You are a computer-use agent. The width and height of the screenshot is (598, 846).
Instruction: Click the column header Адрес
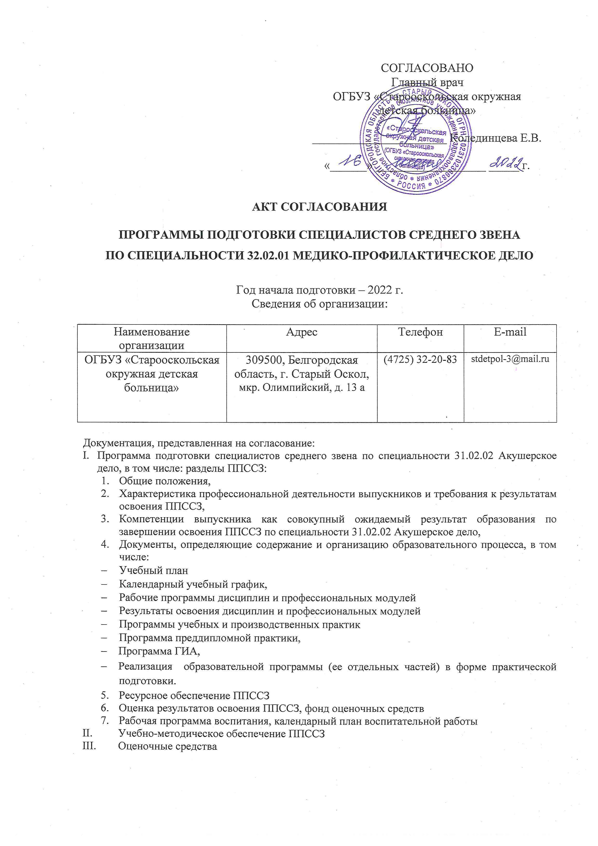click(302, 332)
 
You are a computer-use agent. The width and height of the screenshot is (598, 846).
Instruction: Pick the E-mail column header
click(510, 332)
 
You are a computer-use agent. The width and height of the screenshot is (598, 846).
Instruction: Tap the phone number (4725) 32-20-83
click(420, 359)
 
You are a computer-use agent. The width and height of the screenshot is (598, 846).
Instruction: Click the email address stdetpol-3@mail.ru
click(510, 359)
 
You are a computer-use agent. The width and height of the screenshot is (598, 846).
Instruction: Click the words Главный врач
click(427, 83)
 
